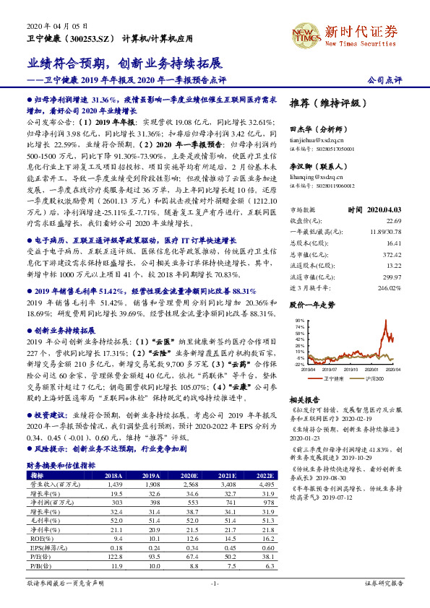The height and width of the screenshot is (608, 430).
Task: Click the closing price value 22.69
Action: click(394, 200)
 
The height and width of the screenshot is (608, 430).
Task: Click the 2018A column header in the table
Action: click(113, 476)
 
